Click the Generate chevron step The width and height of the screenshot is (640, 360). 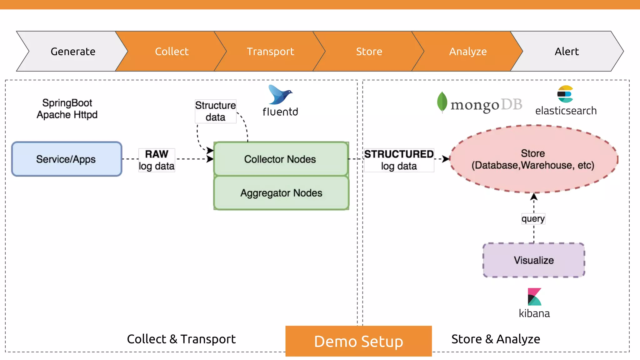tap(73, 51)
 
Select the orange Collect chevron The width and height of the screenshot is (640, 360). tap(172, 51)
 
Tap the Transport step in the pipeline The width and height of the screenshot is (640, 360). tap(270, 51)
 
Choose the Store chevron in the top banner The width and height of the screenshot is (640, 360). tap(369, 51)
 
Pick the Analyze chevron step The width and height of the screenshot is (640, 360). tap(468, 51)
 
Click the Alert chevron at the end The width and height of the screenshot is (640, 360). tap(567, 51)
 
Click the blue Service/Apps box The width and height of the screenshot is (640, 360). tap(67, 159)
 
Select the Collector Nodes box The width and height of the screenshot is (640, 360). tap(281, 159)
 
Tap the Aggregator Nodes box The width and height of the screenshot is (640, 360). tap(281, 193)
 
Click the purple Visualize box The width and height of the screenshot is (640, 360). tap(533, 260)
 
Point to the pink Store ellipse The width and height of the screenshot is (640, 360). tap(533, 159)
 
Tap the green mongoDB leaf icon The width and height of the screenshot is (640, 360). tap(442, 102)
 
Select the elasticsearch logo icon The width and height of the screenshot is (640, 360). tap(565, 94)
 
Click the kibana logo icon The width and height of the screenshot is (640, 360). tap(534, 297)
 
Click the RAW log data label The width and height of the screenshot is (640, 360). tap(157, 160)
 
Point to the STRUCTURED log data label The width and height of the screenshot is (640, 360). tap(399, 160)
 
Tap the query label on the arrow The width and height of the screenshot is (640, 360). tap(533, 218)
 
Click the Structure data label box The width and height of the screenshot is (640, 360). tap(215, 111)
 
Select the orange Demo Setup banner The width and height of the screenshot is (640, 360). tap(358, 341)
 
